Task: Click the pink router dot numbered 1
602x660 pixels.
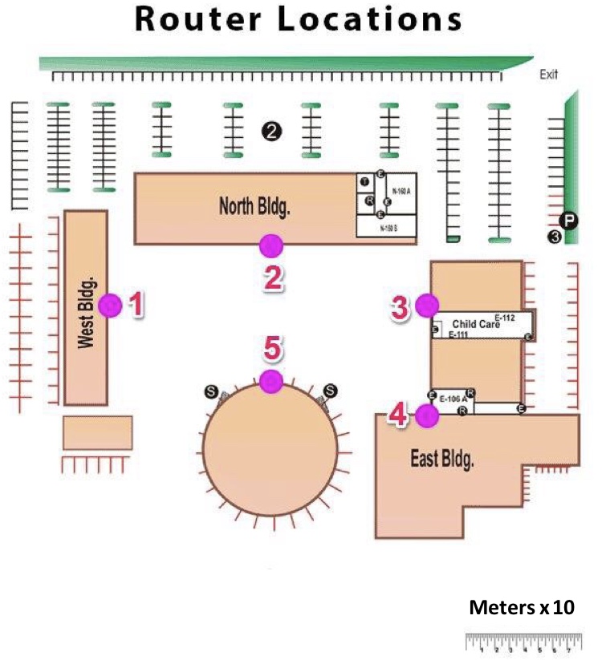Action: pyautogui.click(x=110, y=305)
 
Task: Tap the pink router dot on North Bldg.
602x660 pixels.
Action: pyautogui.click(x=271, y=245)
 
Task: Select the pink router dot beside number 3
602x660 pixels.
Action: pyautogui.click(x=427, y=305)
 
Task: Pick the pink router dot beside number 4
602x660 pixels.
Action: pyautogui.click(x=427, y=415)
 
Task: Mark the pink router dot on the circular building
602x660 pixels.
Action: pyautogui.click(x=271, y=382)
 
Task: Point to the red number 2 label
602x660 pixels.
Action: pyautogui.click(x=273, y=277)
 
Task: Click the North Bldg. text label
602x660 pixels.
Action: pyautogui.click(x=254, y=207)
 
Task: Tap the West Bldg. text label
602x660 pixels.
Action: pyautogui.click(x=87, y=313)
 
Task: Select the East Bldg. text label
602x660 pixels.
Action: pyautogui.click(x=442, y=460)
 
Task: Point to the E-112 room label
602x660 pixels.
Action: pyautogui.click(x=504, y=318)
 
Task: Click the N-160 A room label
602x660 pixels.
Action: pyautogui.click(x=401, y=191)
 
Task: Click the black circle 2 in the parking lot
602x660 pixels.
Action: pyautogui.click(x=272, y=131)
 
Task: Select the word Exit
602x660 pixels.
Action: pyautogui.click(x=549, y=75)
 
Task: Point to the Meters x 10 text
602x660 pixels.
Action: pyautogui.click(x=522, y=607)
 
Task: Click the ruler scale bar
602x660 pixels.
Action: pyautogui.click(x=523, y=642)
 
